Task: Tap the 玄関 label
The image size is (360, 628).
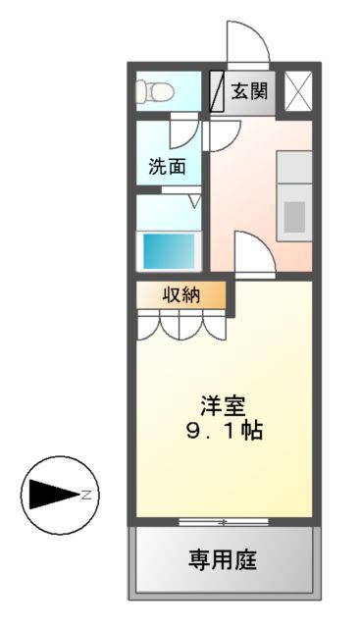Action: [247, 91]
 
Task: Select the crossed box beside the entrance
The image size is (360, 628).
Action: [297, 91]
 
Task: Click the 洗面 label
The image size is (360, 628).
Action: [167, 166]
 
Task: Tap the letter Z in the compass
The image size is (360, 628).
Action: [84, 495]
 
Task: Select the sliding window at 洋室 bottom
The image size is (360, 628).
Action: [224, 519]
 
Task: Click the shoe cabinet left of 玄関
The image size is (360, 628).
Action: [218, 92]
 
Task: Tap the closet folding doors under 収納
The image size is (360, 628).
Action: [181, 324]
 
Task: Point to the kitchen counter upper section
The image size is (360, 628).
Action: [293, 169]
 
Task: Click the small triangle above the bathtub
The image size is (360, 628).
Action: [194, 202]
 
